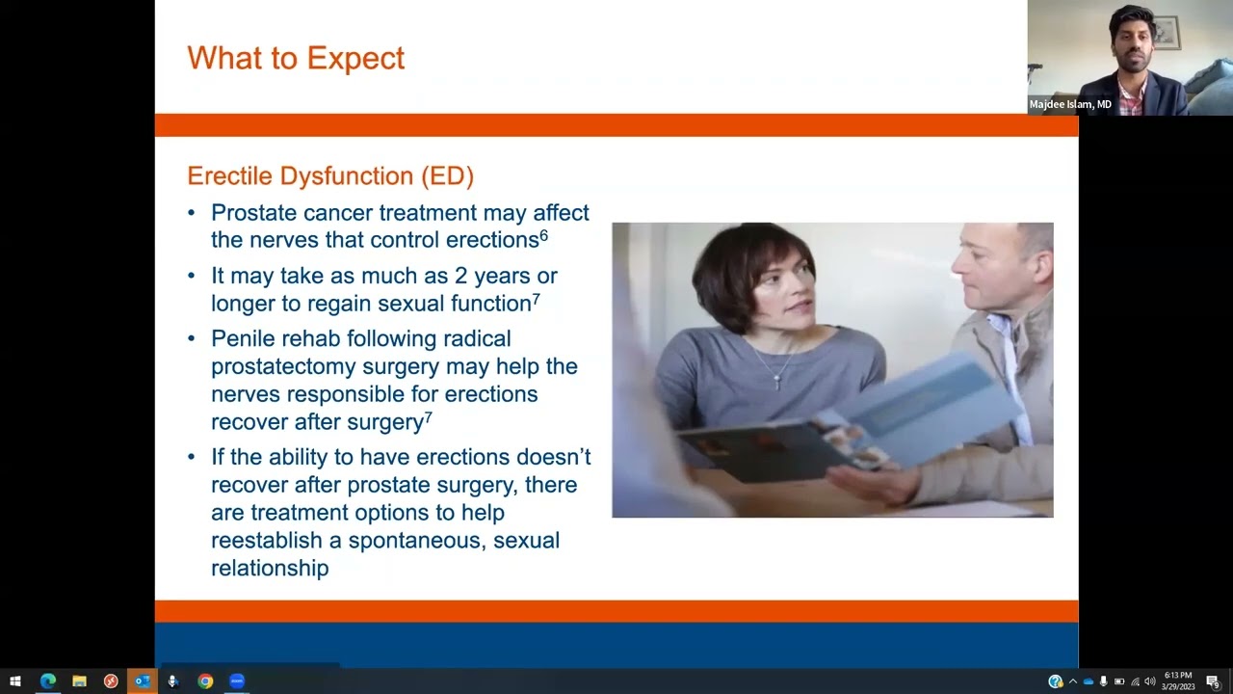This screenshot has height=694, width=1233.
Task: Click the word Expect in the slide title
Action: point(355,59)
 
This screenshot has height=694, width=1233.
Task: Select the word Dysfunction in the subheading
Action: point(347,176)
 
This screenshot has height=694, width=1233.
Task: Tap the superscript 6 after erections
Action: point(544,235)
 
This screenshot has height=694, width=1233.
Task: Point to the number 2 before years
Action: point(460,276)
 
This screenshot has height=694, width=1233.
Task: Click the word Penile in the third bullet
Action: point(243,338)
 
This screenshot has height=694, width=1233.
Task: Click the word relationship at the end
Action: point(270,569)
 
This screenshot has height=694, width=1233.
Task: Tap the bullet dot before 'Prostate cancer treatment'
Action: point(191,213)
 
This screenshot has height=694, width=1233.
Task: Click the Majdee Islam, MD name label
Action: point(1070,104)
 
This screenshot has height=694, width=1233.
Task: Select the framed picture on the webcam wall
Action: point(1166,33)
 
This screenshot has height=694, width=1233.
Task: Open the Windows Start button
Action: point(15,681)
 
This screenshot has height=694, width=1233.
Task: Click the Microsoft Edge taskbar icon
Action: point(47,681)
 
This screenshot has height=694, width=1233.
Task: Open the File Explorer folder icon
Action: point(79,681)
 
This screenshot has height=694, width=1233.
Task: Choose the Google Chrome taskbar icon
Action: point(205,681)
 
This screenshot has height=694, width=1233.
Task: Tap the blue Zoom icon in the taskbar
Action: point(237,681)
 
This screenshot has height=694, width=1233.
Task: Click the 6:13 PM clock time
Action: point(1178,676)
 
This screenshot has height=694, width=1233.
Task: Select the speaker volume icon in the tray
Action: point(1149,681)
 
